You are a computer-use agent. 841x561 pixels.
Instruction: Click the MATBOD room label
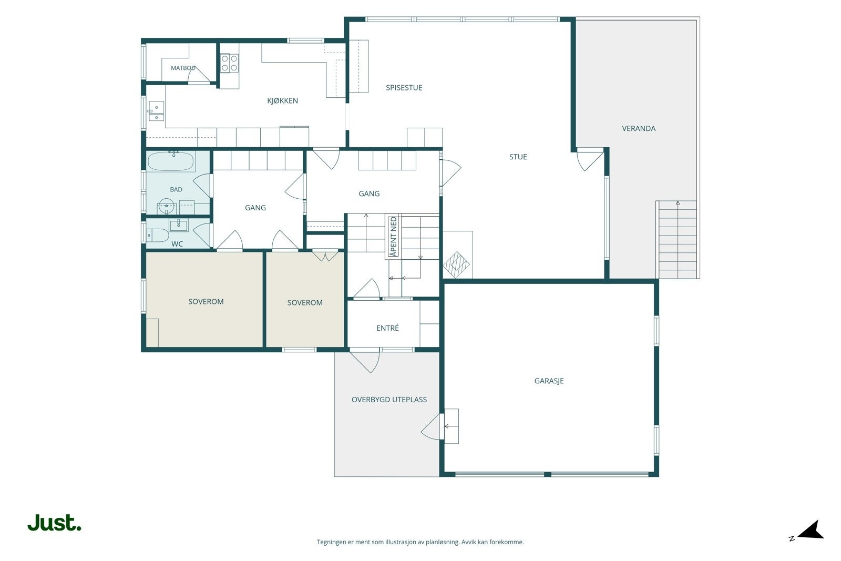183,68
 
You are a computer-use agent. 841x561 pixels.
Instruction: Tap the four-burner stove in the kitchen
229,63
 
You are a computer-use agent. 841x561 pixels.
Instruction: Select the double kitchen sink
156,111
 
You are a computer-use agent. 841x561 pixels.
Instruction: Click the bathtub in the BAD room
171,161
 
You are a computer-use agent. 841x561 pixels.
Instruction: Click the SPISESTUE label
404,87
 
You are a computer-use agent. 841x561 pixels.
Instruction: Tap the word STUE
518,157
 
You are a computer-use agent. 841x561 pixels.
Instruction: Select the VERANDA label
639,128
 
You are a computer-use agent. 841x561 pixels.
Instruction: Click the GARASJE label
549,381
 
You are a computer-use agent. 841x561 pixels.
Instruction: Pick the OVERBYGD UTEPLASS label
389,400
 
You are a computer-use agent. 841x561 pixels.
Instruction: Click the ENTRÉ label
387,328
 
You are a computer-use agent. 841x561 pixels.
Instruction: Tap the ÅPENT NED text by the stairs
393,237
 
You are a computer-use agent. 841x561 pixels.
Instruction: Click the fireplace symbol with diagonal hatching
456,265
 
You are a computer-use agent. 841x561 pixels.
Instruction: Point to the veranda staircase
678,240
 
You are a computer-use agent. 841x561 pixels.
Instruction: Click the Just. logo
55,522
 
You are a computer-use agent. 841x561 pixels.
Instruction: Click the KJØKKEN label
282,100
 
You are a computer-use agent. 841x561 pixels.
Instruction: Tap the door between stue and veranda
590,159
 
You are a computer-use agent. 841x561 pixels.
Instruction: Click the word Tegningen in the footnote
331,542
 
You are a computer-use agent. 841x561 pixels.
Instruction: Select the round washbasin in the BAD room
166,207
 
